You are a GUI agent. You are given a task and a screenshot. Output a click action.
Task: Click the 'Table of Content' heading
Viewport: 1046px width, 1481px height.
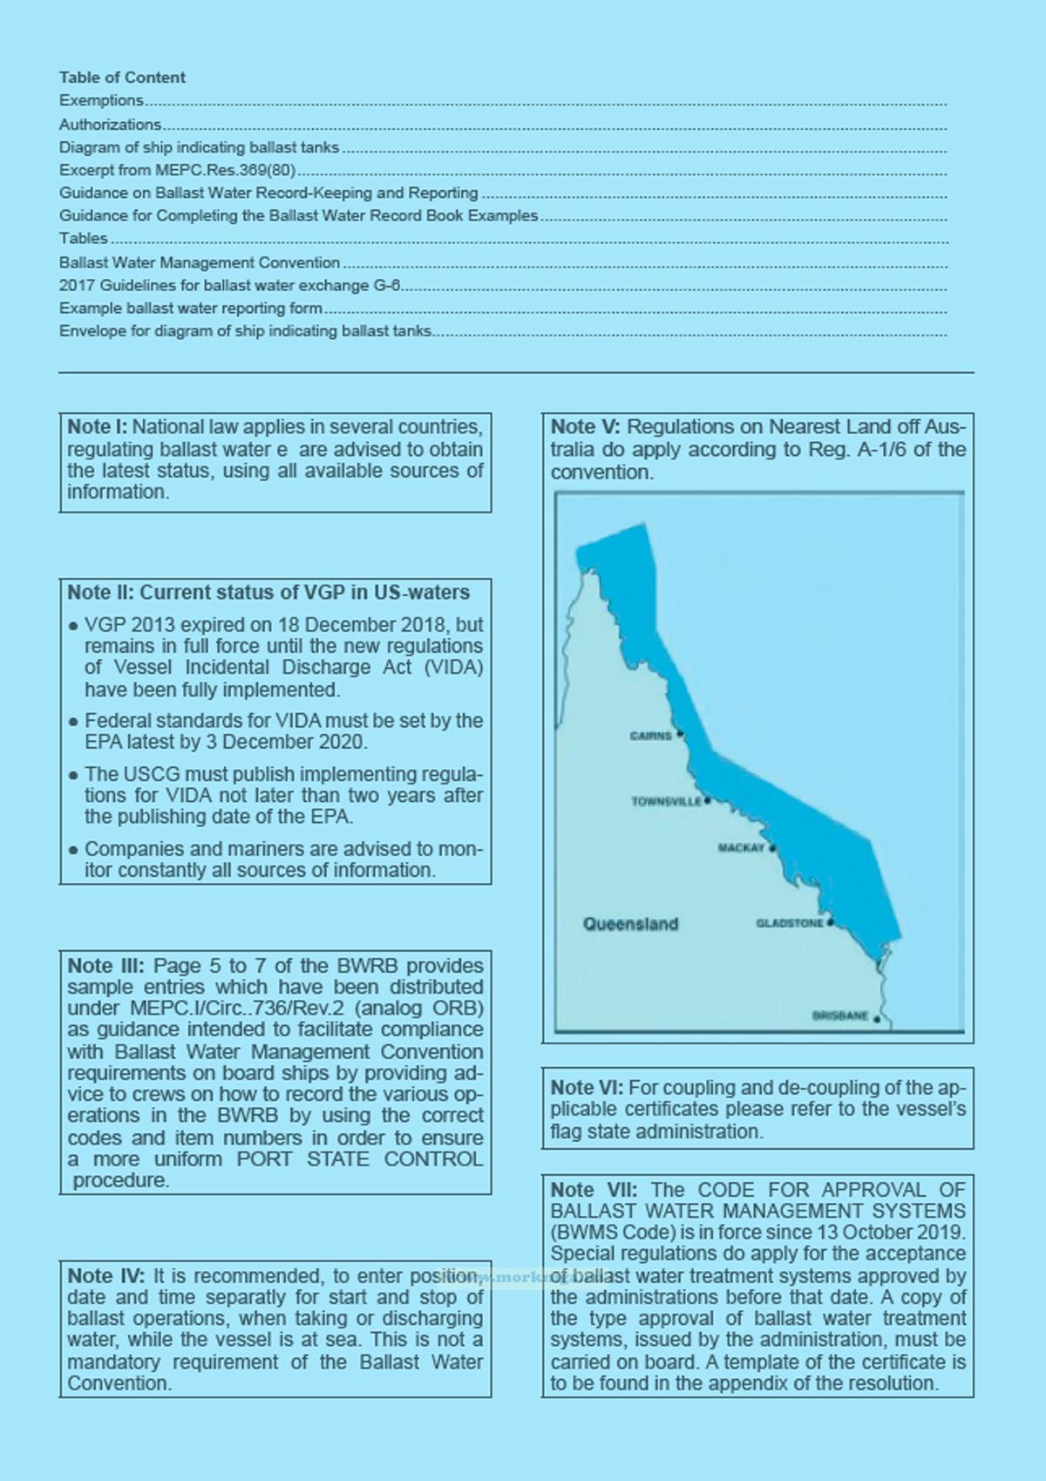122,78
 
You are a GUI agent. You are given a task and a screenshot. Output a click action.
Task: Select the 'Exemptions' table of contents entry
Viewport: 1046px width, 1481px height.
101,100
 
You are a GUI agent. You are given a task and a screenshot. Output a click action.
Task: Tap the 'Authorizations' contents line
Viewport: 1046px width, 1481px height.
111,125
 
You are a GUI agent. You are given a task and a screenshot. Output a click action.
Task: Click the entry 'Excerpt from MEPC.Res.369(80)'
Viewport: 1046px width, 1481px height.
178,170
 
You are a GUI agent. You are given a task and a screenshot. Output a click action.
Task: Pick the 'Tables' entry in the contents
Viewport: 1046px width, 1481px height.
84,238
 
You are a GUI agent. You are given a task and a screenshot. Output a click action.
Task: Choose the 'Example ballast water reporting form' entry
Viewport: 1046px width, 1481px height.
191,308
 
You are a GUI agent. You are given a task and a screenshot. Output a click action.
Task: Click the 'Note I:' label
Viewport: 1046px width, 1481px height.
98,427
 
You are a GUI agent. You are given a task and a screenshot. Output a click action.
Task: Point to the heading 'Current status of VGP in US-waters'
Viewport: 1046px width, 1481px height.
304,593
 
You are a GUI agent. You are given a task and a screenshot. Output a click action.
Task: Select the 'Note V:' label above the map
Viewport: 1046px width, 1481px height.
585,427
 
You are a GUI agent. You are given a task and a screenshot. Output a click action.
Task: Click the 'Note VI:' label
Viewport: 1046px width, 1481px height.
587,1088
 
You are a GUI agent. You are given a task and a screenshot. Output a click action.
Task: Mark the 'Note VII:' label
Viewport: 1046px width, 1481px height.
594,1190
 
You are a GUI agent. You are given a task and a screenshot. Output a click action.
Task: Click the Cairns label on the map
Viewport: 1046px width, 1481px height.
651,736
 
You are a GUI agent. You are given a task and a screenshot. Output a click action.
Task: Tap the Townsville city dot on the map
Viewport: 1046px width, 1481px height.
708,800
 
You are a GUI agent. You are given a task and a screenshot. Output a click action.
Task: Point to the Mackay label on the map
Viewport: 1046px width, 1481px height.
741,848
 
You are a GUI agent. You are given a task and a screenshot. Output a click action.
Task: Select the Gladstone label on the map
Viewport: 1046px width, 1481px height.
789,923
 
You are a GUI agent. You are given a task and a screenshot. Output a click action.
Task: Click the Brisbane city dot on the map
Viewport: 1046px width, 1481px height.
877,1017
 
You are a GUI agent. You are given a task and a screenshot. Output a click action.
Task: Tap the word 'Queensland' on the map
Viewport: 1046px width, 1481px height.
630,924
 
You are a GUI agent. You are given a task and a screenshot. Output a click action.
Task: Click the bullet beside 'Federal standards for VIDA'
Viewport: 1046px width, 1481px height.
73,723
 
